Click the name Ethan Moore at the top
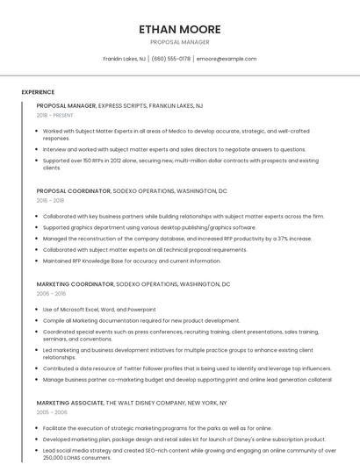click(179, 29)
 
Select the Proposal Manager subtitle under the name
click(179, 42)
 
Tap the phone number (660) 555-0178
click(170, 59)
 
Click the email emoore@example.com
click(227, 59)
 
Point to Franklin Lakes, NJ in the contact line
click(124, 59)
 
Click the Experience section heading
click(38, 92)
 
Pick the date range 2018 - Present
click(54, 115)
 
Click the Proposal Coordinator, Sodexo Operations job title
click(132, 190)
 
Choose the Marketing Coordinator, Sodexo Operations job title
click(133, 284)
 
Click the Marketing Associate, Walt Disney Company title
click(132, 403)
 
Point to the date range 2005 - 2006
click(52, 411)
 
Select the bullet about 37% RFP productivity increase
click(176, 238)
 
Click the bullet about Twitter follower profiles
click(187, 368)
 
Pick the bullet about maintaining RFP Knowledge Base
click(132, 261)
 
